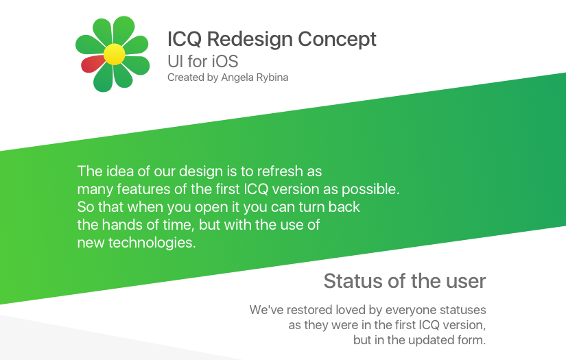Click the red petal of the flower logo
coord(92,64)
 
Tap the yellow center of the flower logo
coord(113,53)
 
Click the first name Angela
coord(236,77)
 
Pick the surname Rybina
coord(271,77)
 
